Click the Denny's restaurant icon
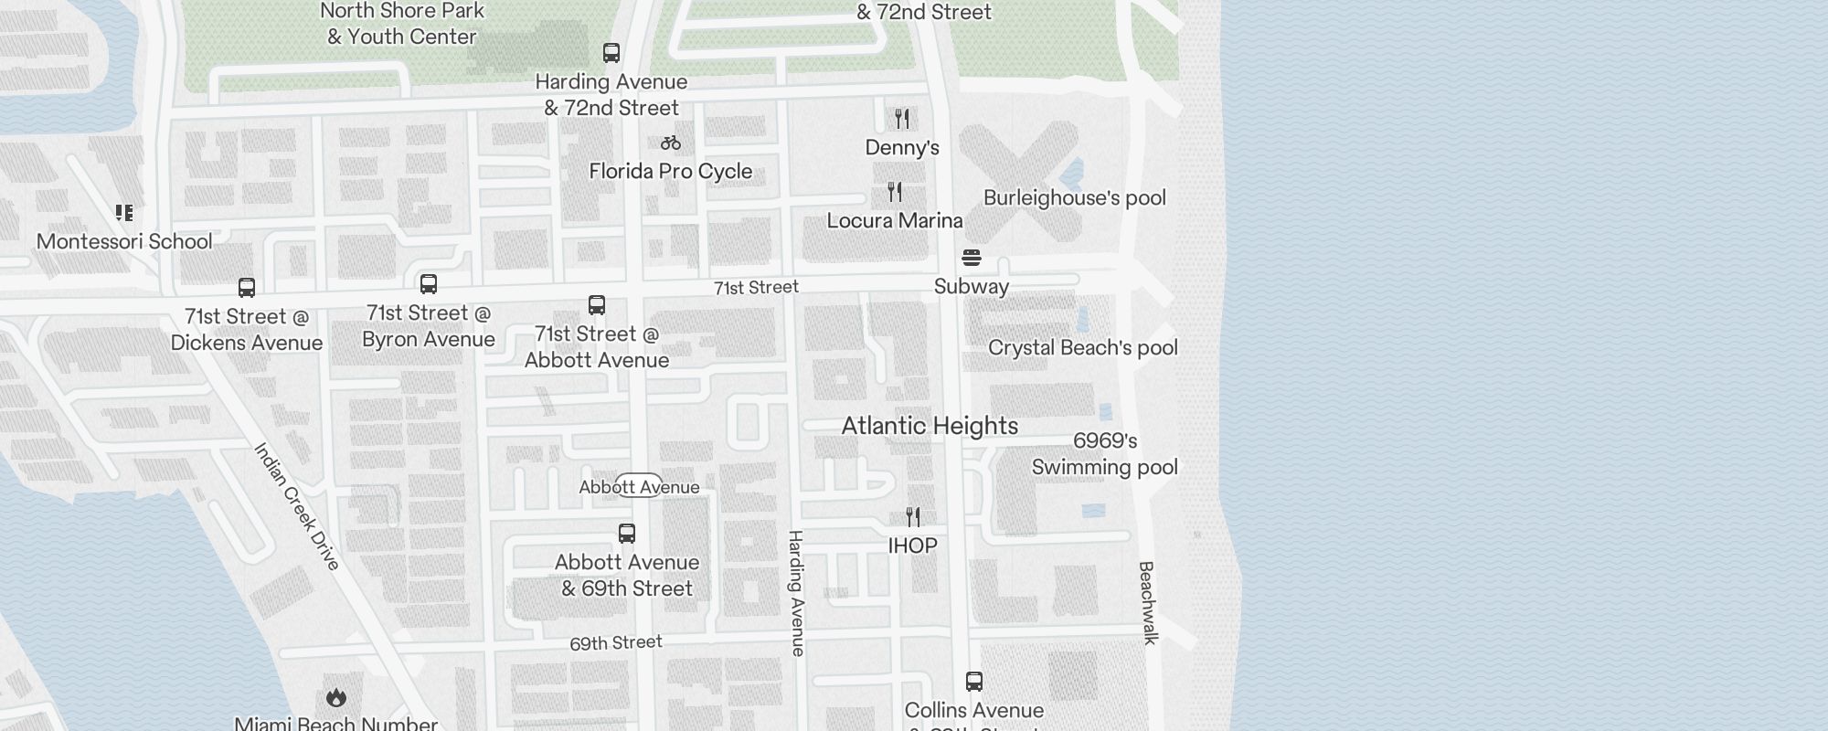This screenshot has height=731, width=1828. (902, 119)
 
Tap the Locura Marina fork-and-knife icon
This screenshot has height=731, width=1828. (895, 192)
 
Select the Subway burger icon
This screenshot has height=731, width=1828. (972, 258)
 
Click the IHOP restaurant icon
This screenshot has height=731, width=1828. (913, 517)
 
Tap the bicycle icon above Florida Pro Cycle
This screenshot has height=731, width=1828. (671, 143)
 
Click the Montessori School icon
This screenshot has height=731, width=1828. (124, 213)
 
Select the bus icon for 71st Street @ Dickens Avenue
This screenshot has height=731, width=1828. (247, 288)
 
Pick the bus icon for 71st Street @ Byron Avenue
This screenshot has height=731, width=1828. (429, 284)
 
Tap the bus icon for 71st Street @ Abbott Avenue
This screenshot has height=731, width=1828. (597, 305)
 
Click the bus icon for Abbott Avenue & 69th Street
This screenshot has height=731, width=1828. (627, 534)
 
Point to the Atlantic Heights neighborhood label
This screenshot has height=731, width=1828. (930, 426)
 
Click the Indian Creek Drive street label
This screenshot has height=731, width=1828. (296, 506)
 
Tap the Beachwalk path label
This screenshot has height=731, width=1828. (1148, 602)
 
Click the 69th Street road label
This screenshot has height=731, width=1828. (616, 642)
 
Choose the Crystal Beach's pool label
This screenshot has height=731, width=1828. (1083, 348)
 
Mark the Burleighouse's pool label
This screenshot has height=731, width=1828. (1074, 198)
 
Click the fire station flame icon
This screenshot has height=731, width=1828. (335, 698)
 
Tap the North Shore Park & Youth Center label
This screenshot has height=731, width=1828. (402, 24)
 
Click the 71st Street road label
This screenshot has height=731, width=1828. (756, 288)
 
